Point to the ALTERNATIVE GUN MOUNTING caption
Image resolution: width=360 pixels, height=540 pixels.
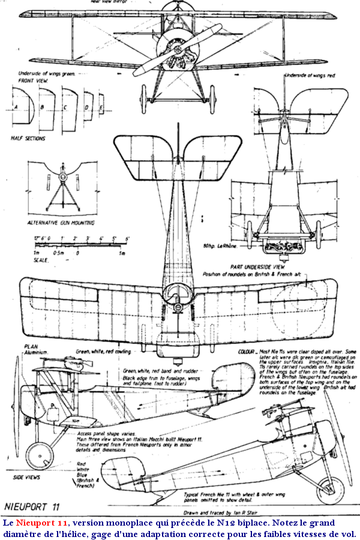[x=62, y=223]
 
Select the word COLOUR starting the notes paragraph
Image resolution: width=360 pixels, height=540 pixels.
[x=247, y=349]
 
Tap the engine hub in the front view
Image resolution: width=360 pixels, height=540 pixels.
[x=178, y=47]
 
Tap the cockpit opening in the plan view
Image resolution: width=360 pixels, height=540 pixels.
[x=178, y=293]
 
